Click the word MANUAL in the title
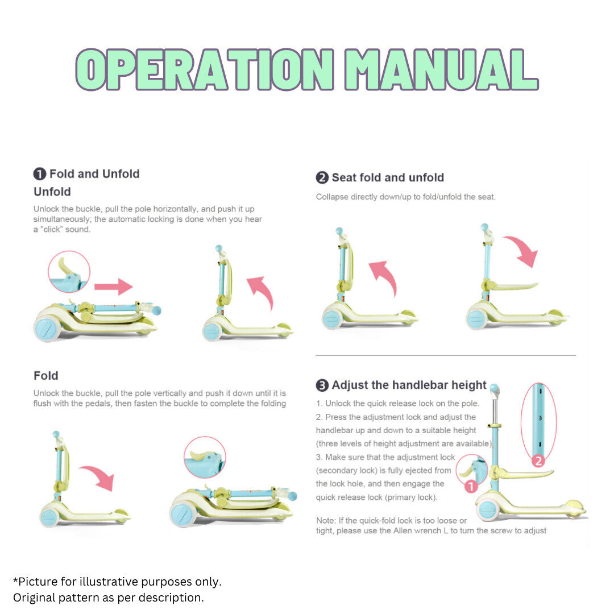point(441,70)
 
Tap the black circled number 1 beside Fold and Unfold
point(40,174)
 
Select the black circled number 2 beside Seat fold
point(322,178)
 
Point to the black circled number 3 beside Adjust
point(322,385)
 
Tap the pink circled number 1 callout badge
point(471,486)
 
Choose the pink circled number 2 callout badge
point(538,461)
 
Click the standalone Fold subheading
point(46,376)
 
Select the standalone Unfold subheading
point(52,192)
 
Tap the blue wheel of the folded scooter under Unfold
point(47,329)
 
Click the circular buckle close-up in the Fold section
point(205,457)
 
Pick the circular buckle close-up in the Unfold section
point(69,272)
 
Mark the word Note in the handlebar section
point(326,520)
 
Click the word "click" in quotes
point(51,230)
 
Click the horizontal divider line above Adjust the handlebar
point(446,355)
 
